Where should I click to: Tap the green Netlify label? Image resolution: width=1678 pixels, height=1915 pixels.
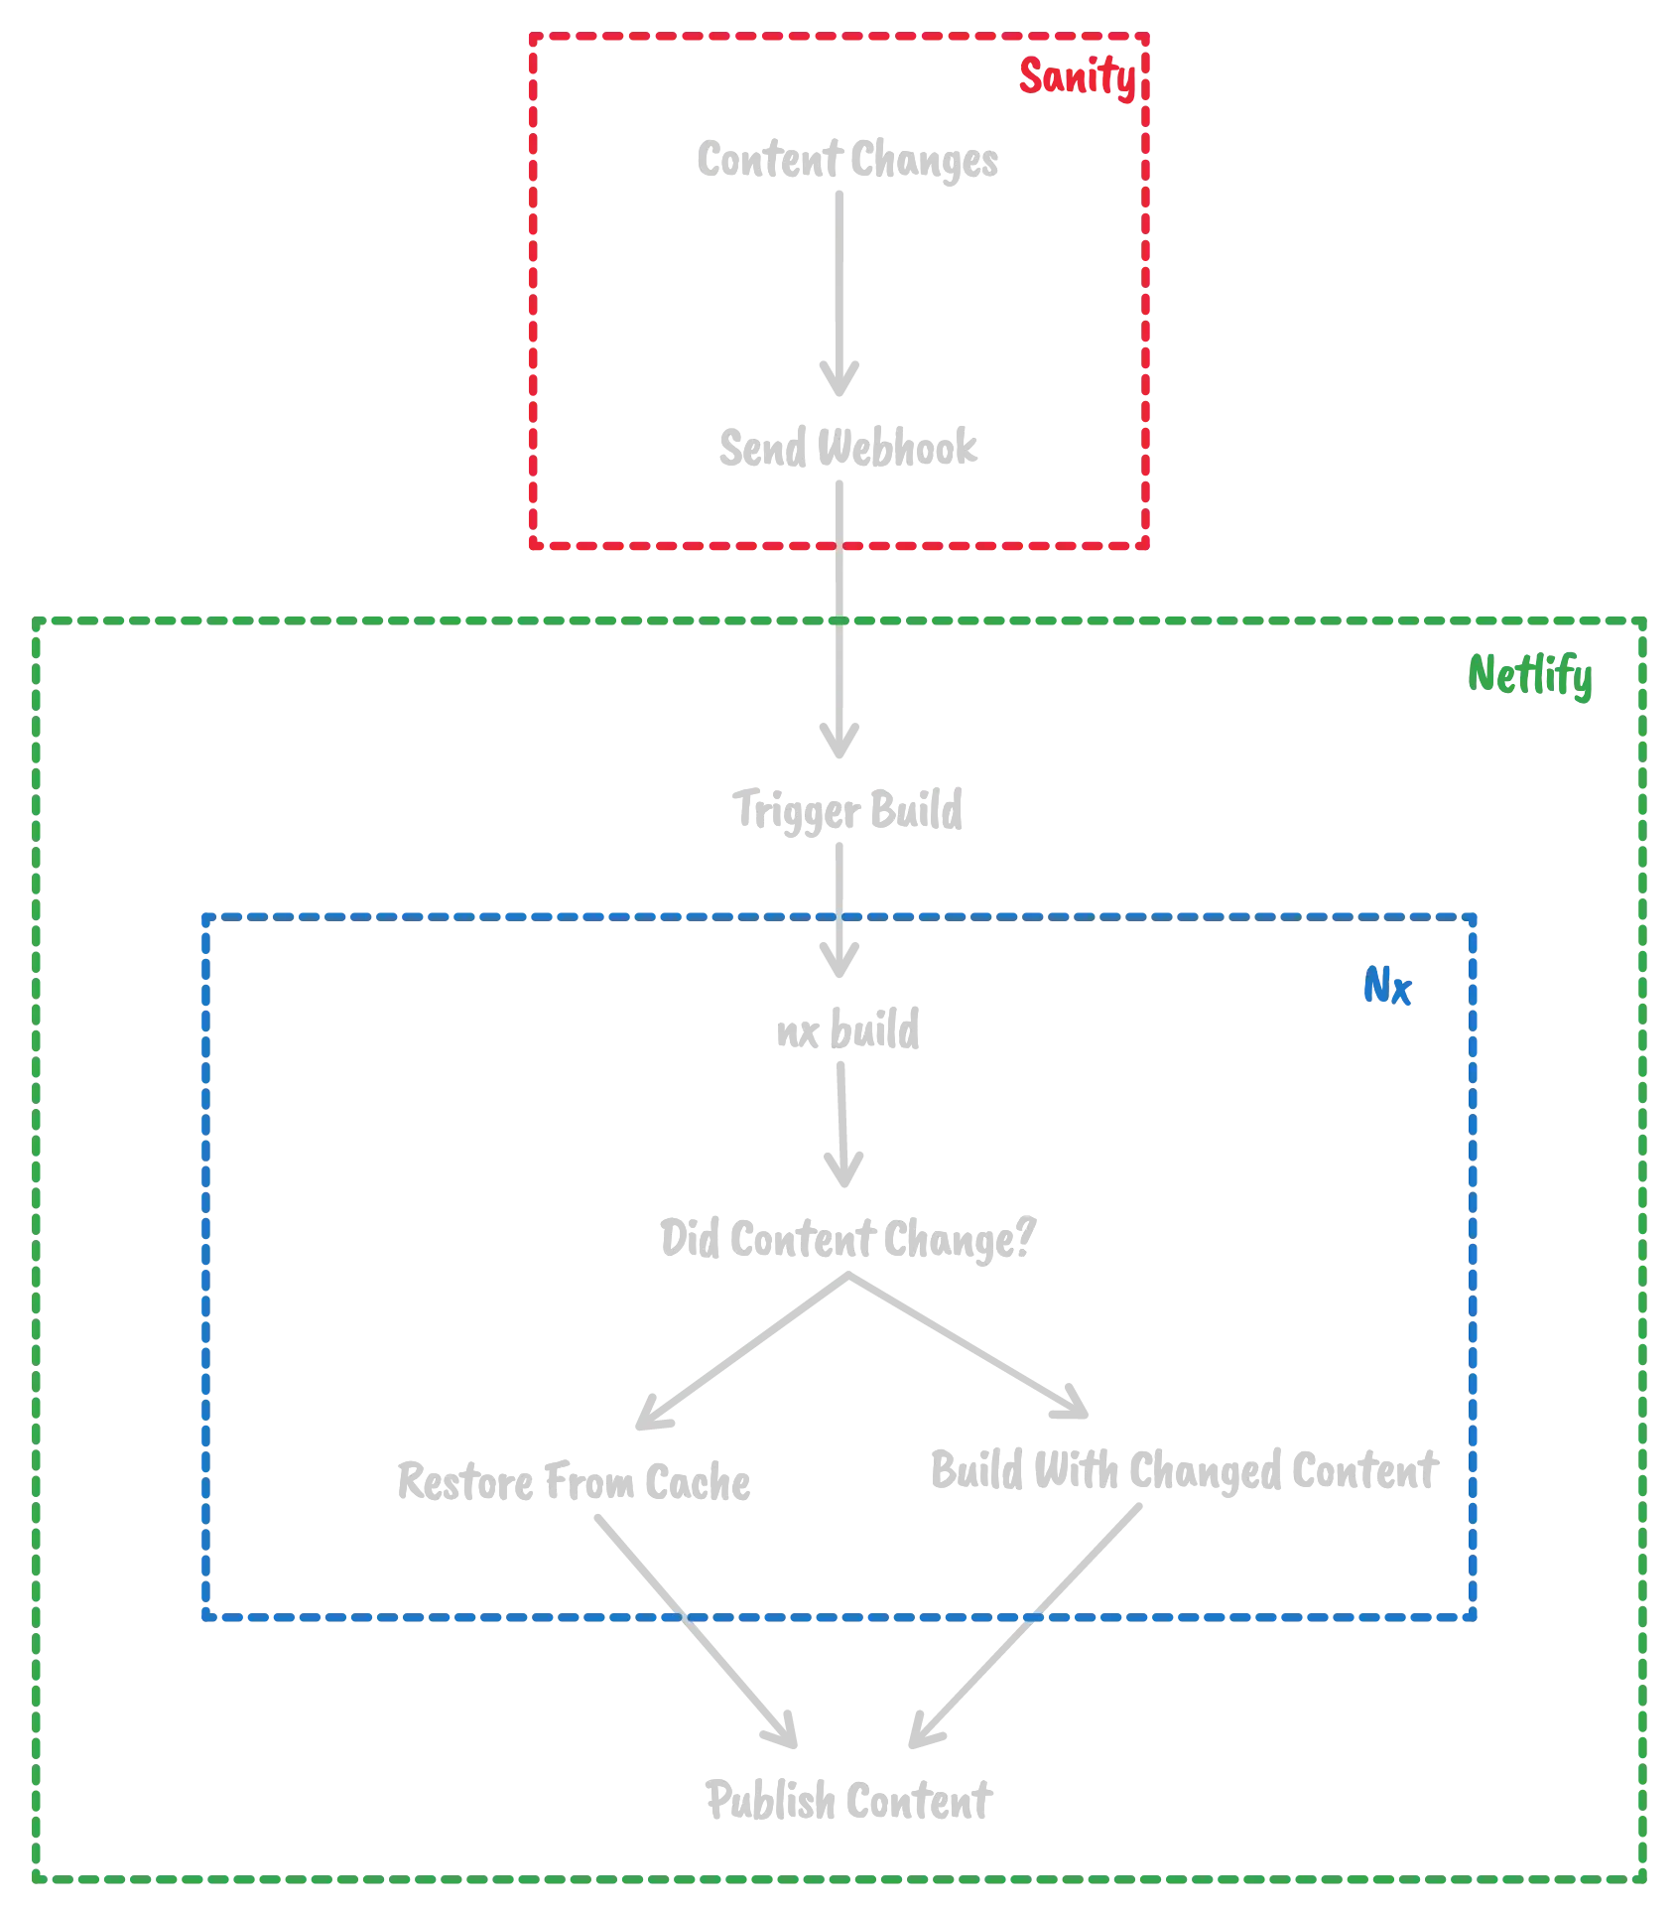click(x=1530, y=678)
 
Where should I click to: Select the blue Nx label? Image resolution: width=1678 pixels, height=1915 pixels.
click(x=1385, y=990)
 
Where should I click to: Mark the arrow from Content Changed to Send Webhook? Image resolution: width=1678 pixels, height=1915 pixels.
click(x=842, y=288)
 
